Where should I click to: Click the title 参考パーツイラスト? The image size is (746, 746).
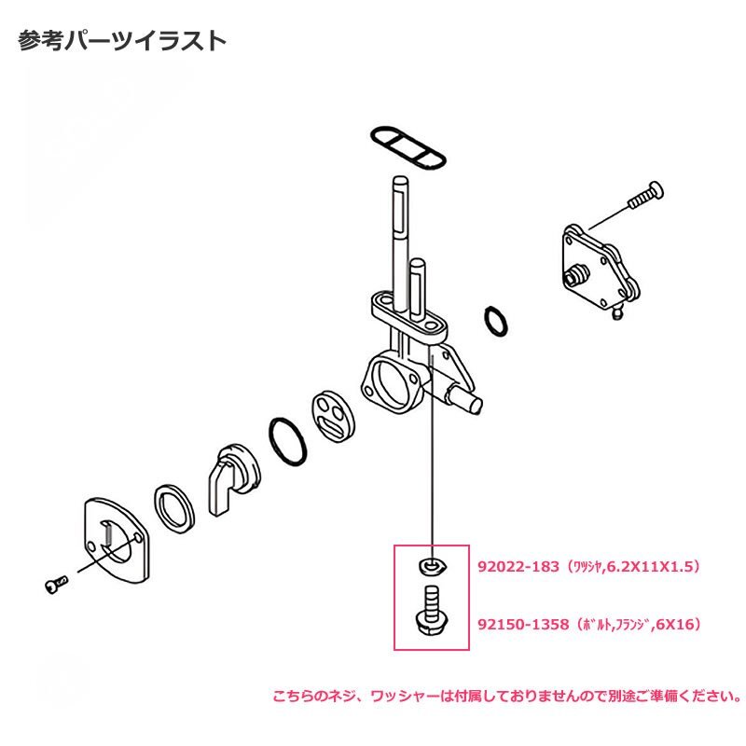point(122,41)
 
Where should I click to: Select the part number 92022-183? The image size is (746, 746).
point(518,567)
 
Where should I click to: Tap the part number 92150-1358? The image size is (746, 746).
point(523,624)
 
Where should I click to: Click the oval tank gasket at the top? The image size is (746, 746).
point(408,147)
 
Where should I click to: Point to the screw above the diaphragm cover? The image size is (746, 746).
point(645,196)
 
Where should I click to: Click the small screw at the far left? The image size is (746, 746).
point(56,585)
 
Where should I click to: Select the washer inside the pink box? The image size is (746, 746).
point(432,566)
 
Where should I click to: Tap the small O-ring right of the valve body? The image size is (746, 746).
point(496,322)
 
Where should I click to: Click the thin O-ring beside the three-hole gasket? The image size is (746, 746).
point(288,441)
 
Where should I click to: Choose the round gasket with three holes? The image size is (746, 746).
point(334,416)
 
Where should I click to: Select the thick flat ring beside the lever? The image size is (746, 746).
point(174,508)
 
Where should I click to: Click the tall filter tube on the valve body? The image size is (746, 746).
point(401,241)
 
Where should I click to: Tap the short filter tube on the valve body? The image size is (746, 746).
point(417,289)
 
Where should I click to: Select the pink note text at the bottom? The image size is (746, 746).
point(506,697)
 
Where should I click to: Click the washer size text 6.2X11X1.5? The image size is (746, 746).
point(648,567)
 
